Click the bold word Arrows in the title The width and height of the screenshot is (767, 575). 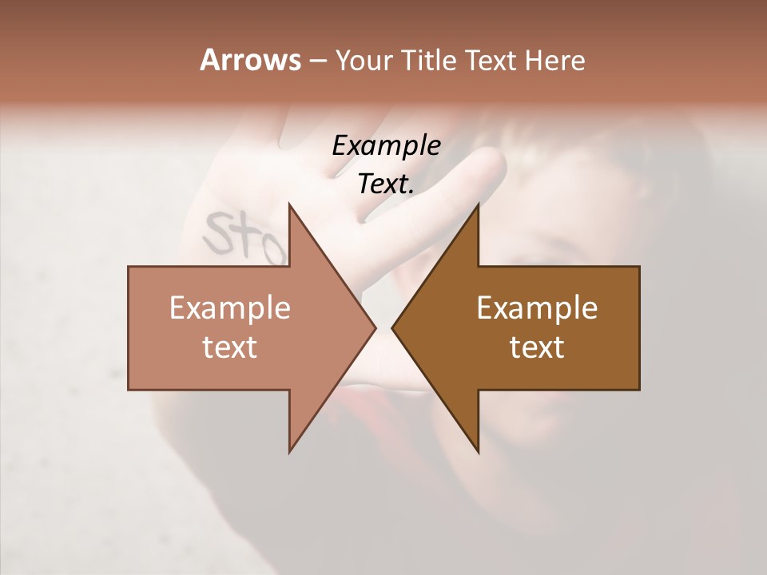tap(249, 60)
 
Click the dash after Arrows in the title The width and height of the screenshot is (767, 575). tap(316, 61)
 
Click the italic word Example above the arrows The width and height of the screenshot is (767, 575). tap(386, 146)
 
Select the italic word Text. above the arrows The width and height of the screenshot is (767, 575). tap(386, 184)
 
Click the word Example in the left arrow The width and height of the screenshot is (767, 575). tap(230, 307)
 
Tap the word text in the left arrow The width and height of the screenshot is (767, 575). tap(230, 347)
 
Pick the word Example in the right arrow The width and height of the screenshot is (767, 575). tap(537, 307)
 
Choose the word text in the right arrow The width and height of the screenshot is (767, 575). tap(537, 347)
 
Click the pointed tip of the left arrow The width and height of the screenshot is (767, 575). tap(374, 328)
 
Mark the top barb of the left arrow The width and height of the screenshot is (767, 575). tap(291, 209)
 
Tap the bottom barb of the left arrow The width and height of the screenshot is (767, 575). tap(291, 448)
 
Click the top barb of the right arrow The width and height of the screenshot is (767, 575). tap(477, 209)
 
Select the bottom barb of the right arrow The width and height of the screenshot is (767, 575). tap(477, 448)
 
